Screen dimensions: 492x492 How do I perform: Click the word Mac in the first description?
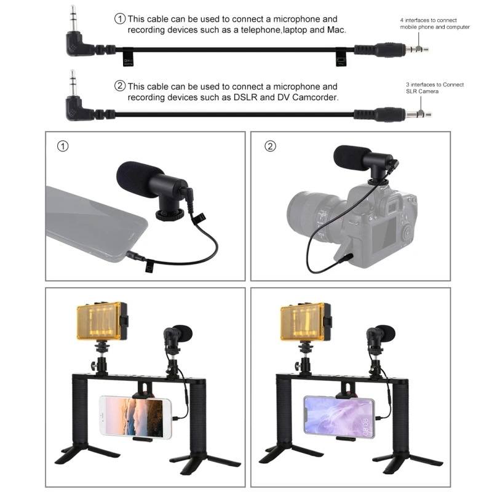[335, 30]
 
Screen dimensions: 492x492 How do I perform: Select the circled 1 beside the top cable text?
[120, 18]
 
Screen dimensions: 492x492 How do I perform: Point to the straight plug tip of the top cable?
[423, 47]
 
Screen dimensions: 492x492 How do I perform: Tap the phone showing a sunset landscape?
[135, 417]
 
